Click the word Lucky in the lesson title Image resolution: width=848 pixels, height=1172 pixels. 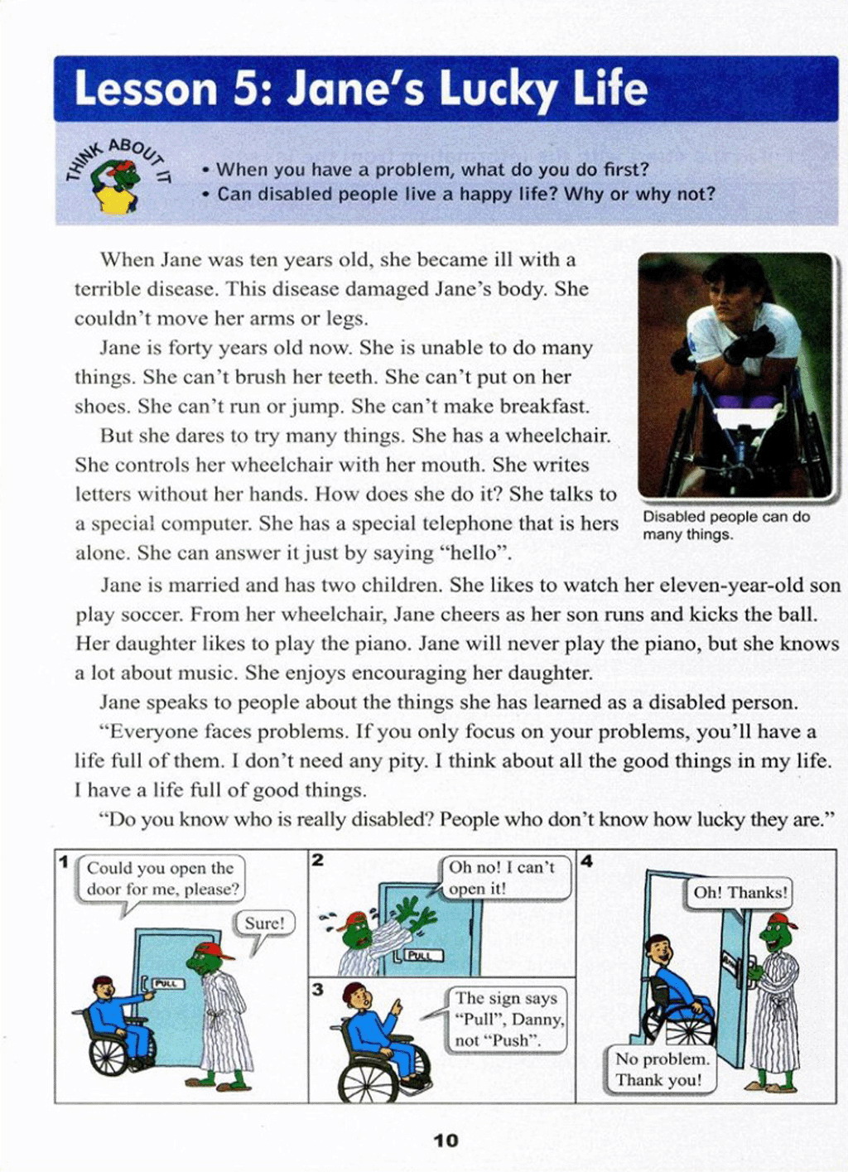[503, 89]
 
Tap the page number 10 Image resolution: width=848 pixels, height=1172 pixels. [446, 1141]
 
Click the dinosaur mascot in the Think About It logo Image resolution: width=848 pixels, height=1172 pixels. [116, 186]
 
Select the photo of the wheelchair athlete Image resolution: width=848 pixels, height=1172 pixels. [735, 374]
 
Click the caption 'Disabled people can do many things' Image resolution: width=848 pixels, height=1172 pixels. [725, 525]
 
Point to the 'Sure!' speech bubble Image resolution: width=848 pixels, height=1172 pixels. [265, 924]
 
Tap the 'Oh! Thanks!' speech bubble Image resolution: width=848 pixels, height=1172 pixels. [740, 892]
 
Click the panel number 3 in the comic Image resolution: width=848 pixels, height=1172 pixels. [318, 989]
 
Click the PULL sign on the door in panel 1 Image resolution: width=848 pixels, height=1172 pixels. [166, 983]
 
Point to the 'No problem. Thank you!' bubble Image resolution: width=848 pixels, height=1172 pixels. [661, 1069]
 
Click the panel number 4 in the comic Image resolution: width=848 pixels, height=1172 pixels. [586, 861]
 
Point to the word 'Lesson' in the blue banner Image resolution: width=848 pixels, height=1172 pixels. [146, 89]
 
